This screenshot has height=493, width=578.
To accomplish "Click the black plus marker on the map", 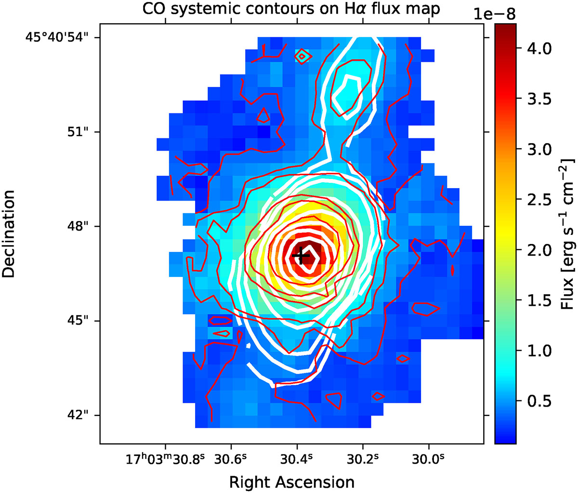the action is pos(301,255).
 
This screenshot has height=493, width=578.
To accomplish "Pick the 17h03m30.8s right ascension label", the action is pos(166,460).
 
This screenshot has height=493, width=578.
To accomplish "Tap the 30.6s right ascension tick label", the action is pos(231,460).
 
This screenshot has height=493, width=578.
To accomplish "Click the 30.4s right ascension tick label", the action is pos(297,460).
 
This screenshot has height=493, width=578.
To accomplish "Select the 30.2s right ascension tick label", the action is pos(363,460).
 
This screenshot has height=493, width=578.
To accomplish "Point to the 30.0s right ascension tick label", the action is pos(428,460).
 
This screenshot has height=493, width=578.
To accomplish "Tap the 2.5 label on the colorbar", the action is pos(539,199).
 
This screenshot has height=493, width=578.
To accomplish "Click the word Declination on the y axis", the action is pos(8,234).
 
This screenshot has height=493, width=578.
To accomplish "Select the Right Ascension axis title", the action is pos(292,482).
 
